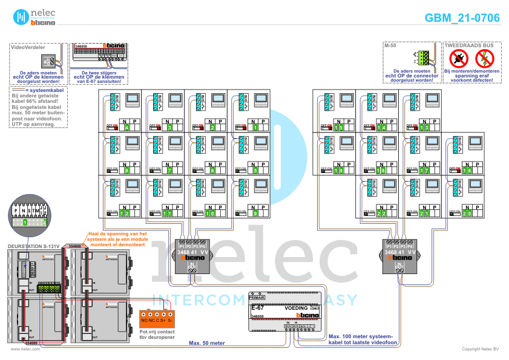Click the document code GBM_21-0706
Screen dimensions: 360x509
click(x=462, y=18)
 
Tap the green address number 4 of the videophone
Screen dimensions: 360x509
click(x=126, y=128)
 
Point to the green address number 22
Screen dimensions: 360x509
click(x=381, y=214)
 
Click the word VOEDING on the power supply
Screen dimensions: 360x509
click(x=296, y=309)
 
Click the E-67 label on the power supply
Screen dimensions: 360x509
click(x=258, y=308)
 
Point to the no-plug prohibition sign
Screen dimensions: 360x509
click(x=459, y=59)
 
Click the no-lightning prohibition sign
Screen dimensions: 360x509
click(x=485, y=59)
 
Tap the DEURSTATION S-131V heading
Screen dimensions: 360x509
click(x=33, y=246)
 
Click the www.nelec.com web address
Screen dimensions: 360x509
click(x=21, y=349)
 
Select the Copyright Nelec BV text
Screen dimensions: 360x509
click(x=481, y=349)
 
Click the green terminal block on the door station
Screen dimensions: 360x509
click(x=48, y=287)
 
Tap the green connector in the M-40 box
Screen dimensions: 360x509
click(x=423, y=58)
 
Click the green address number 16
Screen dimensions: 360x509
click(x=467, y=171)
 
